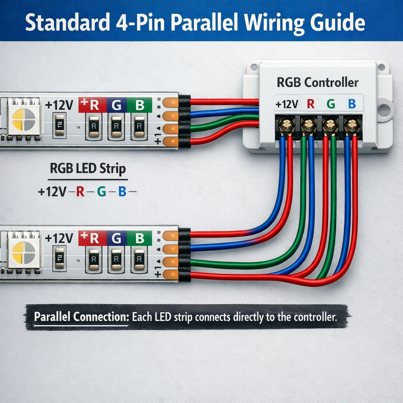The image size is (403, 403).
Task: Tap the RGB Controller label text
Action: pyautogui.click(x=318, y=83)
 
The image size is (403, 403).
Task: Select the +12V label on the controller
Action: pyautogui.click(x=287, y=104)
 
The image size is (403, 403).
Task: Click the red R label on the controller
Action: pyautogui.click(x=311, y=104)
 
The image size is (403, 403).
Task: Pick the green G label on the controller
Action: pyautogui.click(x=331, y=104)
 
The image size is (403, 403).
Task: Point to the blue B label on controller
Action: pyautogui.click(x=352, y=104)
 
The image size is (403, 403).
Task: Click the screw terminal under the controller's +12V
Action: pyautogui.click(x=287, y=126)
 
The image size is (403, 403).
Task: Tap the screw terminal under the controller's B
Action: pyautogui.click(x=351, y=126)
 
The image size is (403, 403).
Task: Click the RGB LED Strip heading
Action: pyautogui.click(x=88, y=169)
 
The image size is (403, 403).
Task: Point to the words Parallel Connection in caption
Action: pyautogui.click(x=81, y=317)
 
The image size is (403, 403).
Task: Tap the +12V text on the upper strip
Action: pyautogui.click(x=59, y=105)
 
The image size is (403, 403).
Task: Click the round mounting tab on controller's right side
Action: pyautogui.click(x=385, y=109)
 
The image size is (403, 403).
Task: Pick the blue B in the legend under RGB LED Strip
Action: pyautogui.click(x=122, y=192)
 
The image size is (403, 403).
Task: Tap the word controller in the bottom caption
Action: pyautogui.click(x=311, y=317)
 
